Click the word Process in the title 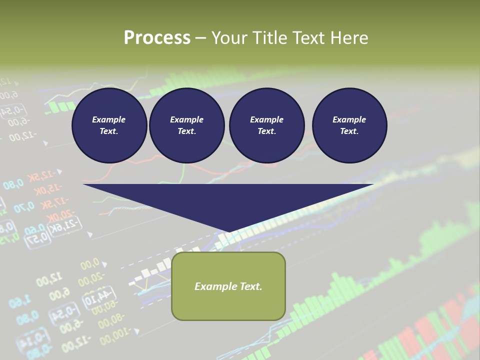coord(157,37)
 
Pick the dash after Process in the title coord(200,38)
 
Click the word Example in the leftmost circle coord(109,119)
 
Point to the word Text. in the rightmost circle coord(349,131)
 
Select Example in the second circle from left coord(187,119)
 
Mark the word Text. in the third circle coord(267,131)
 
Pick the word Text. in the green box coord(249,286)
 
